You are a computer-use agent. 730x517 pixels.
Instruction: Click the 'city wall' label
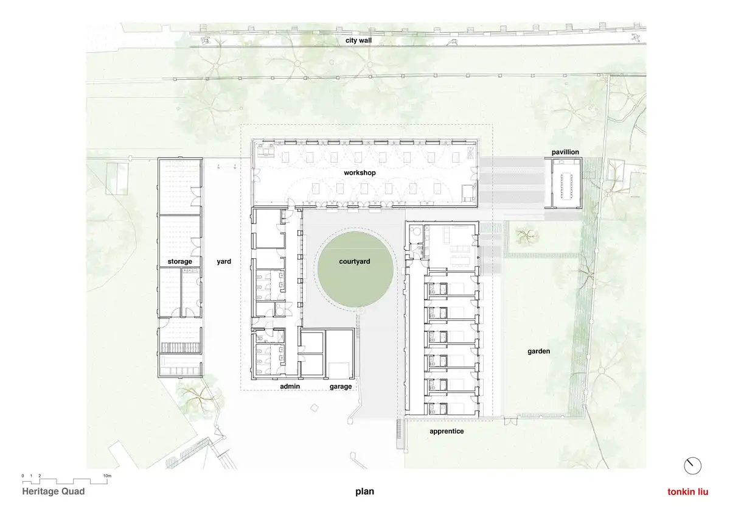click(x=358, y=40)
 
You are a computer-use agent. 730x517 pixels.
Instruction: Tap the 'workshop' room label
click(x=360, y=172)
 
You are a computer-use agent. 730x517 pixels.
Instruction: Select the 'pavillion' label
click(x=565, y=152)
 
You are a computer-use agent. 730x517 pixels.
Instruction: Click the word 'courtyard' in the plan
click(x=355, y=262)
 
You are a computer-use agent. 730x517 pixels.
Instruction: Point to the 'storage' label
click(x=179, y=262)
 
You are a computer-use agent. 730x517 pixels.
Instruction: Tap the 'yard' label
click(x=224, y=262)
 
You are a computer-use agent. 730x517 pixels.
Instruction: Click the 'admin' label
click(x=290, y=387)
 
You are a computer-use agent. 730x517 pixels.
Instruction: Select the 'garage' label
click(x=341, y=387)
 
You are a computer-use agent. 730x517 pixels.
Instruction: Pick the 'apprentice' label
click(x=447, y=431)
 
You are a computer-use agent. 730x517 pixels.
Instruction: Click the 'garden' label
click(x=539, y=351)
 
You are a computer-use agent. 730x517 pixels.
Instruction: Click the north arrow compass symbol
click(x=692, y=466)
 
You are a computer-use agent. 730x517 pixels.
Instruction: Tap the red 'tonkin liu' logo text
click(x=687, y=491)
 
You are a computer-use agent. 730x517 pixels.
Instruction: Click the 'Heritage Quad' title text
click(x=54, y=491)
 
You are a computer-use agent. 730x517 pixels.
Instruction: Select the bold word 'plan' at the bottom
click(x=364, y=491)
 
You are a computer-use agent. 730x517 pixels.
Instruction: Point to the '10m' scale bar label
click(x=107, y=476)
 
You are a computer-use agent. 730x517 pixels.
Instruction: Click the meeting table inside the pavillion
click(x=566, y=186)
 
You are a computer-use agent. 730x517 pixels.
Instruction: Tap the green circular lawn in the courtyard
click(x=355, y=269)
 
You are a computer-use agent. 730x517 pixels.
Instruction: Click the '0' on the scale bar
click(x=23, y=476)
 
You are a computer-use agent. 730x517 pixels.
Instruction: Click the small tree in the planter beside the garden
click(x=526, y=235)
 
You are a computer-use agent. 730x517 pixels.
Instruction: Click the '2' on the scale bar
click(x=40, y=476)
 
